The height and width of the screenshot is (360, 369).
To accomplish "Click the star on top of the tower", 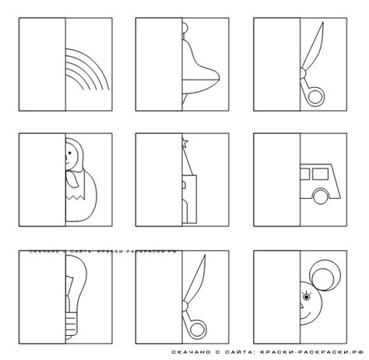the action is click(x=184, y=143).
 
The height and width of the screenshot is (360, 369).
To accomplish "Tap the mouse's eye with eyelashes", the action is click(x=307, y=296).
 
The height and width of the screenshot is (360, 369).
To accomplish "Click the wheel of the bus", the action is click(x=321, y=196).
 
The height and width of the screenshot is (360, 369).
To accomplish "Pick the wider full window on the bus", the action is click(x=321, y=174).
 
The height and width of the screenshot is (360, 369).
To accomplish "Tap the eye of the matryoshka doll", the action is click(x=69, y=154).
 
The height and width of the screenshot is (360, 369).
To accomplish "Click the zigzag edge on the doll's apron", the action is click(x=76, y=196).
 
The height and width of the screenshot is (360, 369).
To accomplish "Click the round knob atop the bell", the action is click(x=184, y=27).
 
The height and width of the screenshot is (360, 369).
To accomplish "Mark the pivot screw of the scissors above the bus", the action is click(x=303, y=73).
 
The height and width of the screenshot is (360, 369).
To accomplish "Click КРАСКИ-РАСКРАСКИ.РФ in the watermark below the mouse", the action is click(x=311, y=352).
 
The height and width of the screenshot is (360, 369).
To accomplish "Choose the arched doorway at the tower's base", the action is click(x=184, y=211).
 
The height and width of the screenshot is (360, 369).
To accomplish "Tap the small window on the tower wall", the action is click(x=184, y=185).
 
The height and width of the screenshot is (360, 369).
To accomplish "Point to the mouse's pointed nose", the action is click(x=302, y=305).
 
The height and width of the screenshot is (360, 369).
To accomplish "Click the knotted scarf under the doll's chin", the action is click(x=72, y=178).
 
